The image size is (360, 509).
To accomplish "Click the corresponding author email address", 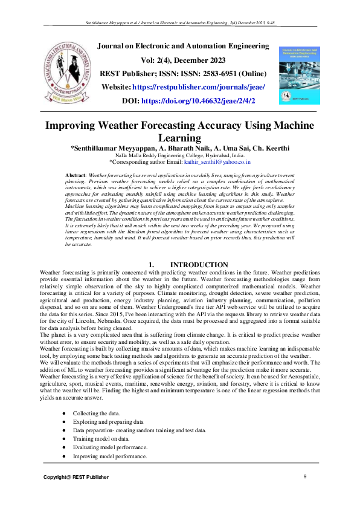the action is click(218, 162).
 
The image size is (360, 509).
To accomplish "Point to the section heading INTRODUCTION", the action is click(199, 265).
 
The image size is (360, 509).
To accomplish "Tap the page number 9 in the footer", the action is click(305, 478).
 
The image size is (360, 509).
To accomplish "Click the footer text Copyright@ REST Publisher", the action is click(76, 478).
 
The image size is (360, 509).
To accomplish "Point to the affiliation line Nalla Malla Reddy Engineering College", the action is click(179, 155).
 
